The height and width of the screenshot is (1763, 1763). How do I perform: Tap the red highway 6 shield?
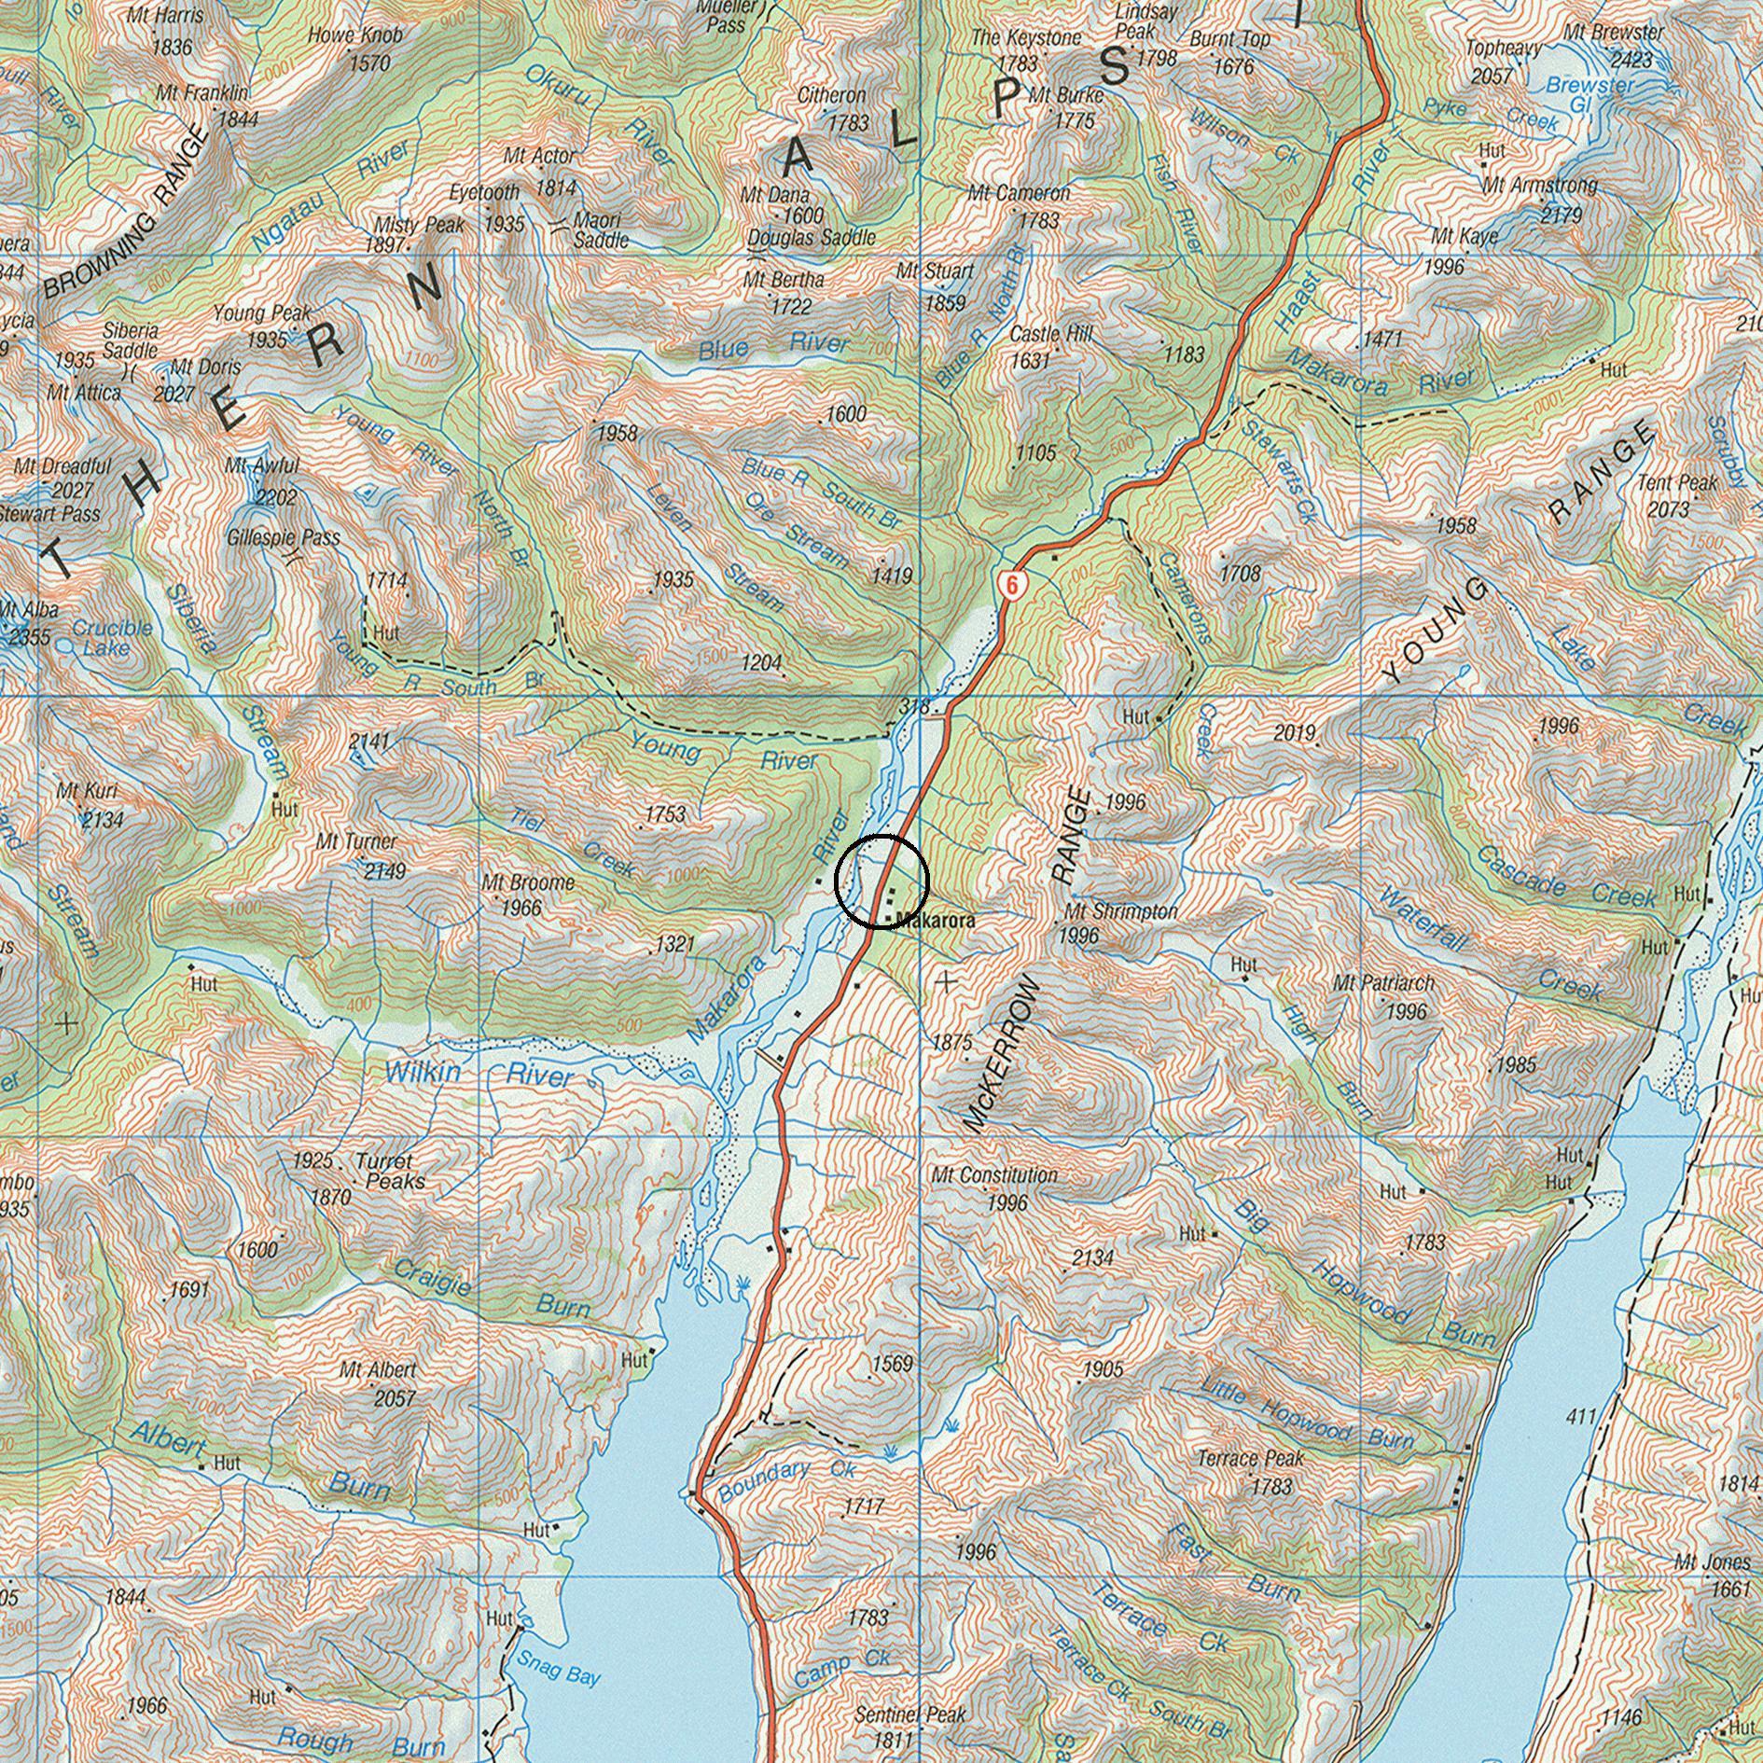(x=1012, y=585)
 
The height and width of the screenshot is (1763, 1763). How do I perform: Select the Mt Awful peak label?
(x=262, y=465)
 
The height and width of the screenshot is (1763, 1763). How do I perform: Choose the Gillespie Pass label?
(x=284, y=538)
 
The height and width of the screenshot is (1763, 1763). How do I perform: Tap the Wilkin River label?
(x=479, y=1074)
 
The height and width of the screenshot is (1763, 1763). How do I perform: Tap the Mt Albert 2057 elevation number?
(x=394, y=1398)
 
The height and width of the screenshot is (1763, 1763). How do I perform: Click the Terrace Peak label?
(x=1250, y=1457)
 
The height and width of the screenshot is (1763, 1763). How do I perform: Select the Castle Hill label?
(x=1050, y=334)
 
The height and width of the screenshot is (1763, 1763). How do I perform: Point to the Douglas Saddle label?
(x=812, y=237)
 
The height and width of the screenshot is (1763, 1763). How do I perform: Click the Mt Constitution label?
(x=994, y=1175)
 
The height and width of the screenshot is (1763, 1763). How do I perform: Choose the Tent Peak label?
(x=1677, y=483)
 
